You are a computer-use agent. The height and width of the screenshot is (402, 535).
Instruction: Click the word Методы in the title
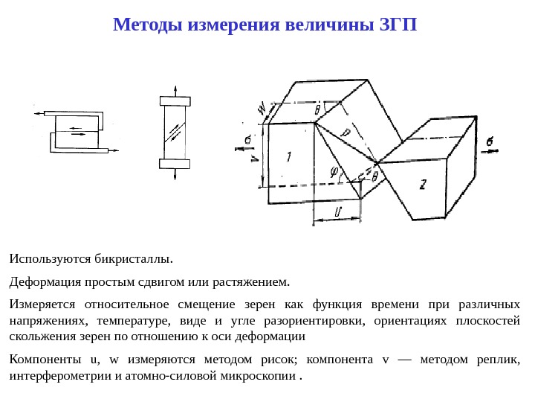click(x=149, y=25)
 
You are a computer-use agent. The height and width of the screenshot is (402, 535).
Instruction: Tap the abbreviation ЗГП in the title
click(x=398, y=25)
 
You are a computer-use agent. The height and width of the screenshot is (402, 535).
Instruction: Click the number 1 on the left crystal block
click(x=289, y=156)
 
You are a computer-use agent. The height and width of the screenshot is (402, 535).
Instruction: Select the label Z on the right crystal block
click(x=422, y=185)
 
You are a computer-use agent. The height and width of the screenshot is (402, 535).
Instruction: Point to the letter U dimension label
click(x=337, y=211)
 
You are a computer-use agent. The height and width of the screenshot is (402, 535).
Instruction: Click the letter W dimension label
click(x=262, y=109)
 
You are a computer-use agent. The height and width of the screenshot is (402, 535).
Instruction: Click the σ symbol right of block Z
click(x=488, y=141)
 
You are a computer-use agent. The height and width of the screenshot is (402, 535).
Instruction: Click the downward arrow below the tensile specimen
click(x=175, y=176)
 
